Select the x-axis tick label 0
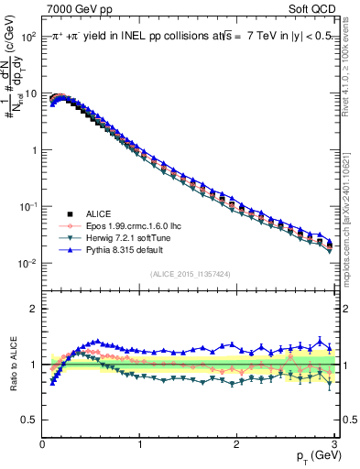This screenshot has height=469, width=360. [x=42, y=444]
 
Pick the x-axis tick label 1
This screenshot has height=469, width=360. [x=139, y=444]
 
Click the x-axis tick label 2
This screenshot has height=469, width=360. [x=236, y=444]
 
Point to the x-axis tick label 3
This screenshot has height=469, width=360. [x=333, y=444]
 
